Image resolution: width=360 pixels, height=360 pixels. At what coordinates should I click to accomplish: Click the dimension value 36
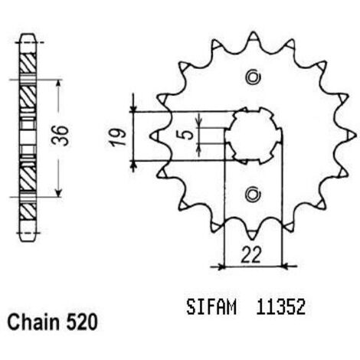pos(61,135)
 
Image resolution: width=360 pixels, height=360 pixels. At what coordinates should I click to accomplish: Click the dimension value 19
pos(119,136)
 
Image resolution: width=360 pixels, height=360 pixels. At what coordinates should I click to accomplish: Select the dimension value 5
pos(188,135)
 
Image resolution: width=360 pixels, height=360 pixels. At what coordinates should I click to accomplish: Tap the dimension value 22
pos(251,254)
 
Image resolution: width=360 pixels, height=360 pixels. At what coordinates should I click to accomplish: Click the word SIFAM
pos(211,307)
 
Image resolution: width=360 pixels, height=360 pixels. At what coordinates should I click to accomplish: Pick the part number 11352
pos(281,307)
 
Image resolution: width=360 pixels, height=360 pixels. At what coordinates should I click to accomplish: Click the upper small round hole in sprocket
pos(254,77)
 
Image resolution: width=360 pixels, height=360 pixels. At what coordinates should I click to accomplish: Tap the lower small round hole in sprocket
pos(253,195)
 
